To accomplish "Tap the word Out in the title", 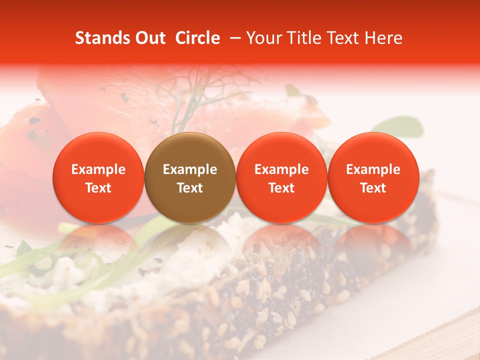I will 148,38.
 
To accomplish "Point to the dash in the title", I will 233,38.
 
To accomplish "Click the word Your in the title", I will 263,38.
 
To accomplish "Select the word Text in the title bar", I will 345,38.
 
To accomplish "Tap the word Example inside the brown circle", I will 190,169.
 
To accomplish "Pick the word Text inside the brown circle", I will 190,188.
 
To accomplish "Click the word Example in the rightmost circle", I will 373,169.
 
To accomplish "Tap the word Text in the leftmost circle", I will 98,188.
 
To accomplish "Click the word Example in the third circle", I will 281,169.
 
